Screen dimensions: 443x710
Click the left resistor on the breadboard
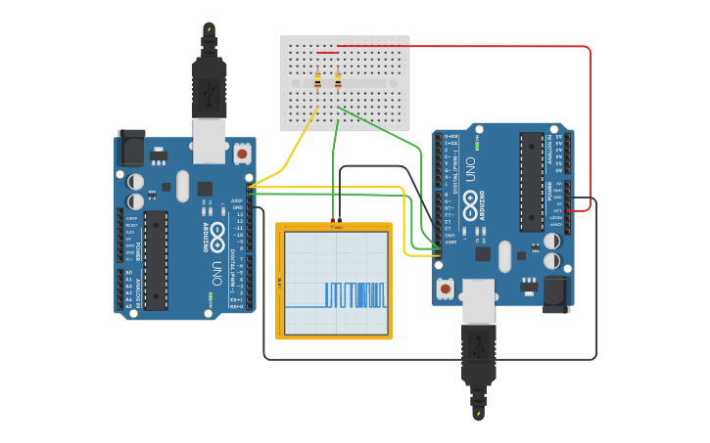[x=317, y=81]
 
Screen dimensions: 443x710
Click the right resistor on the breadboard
[x=338, y=80]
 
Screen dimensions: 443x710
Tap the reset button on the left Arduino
[x=242, y=154]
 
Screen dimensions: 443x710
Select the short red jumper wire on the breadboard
[x=327, y=53]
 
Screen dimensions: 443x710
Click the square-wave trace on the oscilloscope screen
[x=356, y=294]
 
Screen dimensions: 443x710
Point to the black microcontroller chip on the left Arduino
[x=156, y=260]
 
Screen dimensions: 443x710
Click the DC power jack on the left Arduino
[x=131, y=148]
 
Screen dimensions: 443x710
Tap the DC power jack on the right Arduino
[x=556, y=293]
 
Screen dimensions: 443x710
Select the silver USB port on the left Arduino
[x=209, y=141]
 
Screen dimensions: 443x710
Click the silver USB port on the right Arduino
[x=479, y=300]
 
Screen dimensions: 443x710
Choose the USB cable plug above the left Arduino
[x=209, y=83]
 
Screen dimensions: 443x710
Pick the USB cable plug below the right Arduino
[x=478, y=357]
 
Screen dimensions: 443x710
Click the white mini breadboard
[x=345, y=83]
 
